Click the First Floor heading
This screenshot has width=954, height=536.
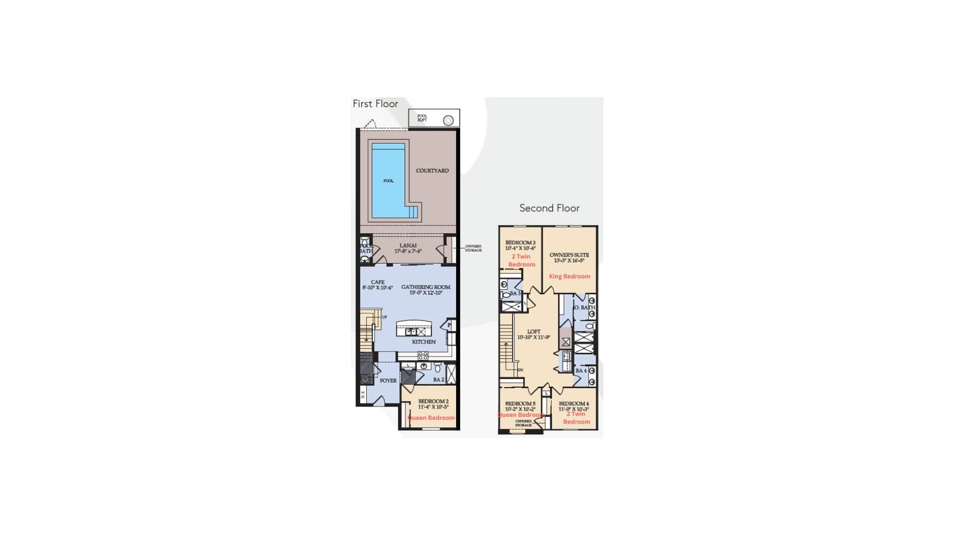tap(375, 104)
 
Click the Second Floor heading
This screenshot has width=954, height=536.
tap(549, 208)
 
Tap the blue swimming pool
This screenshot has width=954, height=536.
tap(388, 181)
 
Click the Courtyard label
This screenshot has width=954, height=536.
tap(432, 171)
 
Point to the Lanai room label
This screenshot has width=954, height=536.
tap(408, 246)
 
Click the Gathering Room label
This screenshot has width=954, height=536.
tap(426, 287)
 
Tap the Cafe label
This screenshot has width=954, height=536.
tap(378, 282)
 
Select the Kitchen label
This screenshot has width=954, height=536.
tap(423, 342)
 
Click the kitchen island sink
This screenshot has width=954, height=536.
tap(411, 332)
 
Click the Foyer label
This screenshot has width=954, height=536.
tap(388, 381)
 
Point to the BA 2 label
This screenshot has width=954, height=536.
tap(438, 380)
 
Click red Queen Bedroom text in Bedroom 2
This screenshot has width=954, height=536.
tap(431, 418)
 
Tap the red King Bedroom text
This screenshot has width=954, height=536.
tap(569, 276)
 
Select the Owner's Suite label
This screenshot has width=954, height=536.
tap(569, 255)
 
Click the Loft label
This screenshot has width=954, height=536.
tap(534, 332)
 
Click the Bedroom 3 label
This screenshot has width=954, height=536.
tap(520, 243)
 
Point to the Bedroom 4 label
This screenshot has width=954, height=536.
tap(573, 404)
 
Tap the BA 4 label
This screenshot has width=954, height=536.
tap(581, 371)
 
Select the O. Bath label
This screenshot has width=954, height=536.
tap(584, 308)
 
